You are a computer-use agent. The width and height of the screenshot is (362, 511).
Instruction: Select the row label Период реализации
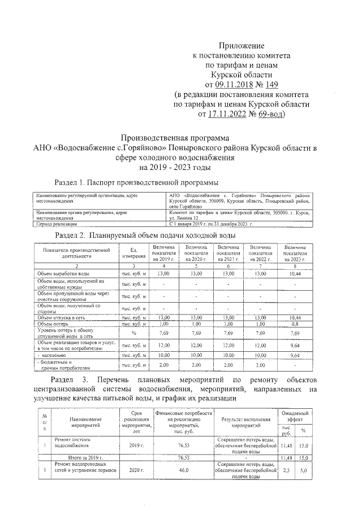pos(57,224)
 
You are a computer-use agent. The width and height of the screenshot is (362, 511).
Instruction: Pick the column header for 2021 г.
pos(228,252)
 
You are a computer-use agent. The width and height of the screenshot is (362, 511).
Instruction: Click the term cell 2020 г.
pos(135,470)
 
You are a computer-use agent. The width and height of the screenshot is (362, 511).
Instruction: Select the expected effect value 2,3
pos(286,470)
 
